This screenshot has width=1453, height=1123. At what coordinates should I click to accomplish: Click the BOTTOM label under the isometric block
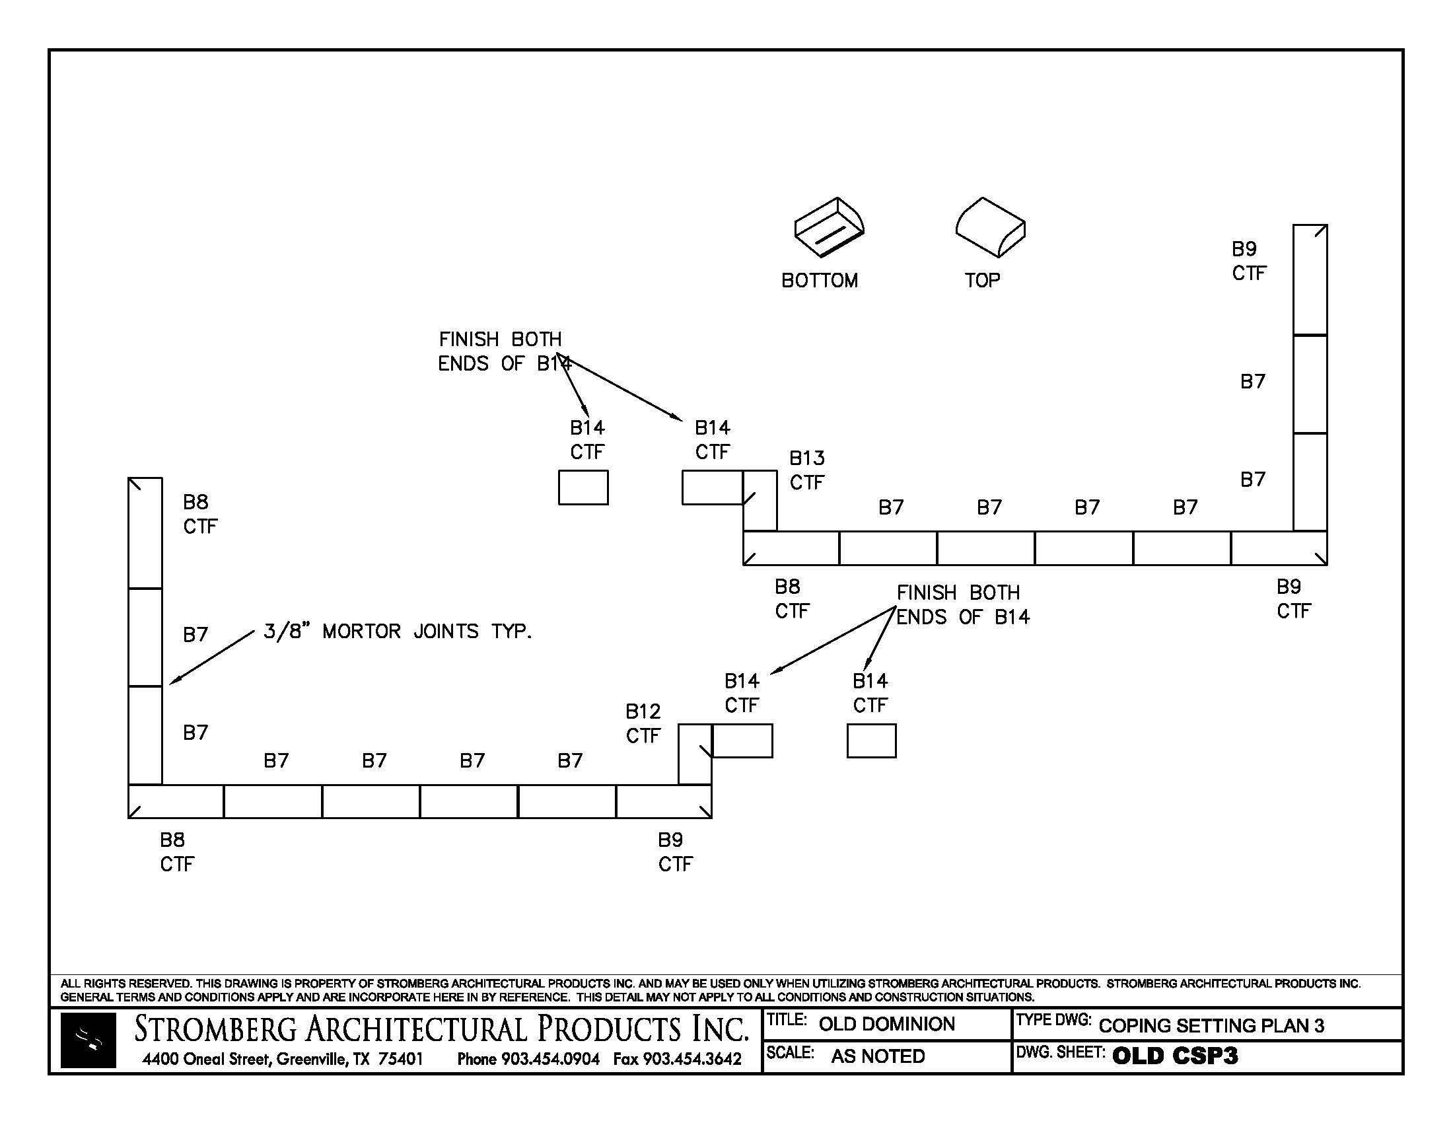click(819, 280)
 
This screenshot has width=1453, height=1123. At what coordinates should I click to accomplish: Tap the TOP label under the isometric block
click(982, 280)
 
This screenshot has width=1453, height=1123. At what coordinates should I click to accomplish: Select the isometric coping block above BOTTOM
click(828, 227)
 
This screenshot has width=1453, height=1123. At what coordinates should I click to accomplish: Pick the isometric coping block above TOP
click(990, 227)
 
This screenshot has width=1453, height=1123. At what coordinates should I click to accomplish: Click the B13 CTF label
click(806, 470)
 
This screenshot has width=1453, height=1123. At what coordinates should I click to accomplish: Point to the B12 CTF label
click(643, 723)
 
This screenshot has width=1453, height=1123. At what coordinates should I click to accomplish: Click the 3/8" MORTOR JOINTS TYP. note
click(397, 631)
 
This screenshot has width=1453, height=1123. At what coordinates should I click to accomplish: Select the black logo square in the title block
click(88, 1040)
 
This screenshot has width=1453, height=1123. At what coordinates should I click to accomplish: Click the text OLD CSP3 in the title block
click(1174, 1056)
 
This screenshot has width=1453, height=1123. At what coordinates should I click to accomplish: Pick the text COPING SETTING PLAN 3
click(1211, 1025)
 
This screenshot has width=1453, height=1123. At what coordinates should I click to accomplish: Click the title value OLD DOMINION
click(886, 1024)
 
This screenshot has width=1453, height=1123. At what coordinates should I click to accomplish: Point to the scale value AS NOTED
click(878, 1056)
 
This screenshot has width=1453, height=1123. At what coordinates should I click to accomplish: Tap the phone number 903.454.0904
click(550, 1058)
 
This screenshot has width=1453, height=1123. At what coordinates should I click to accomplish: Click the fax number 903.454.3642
click(691, 1058)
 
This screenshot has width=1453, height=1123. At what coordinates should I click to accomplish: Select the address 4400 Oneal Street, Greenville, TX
click(282, 1058)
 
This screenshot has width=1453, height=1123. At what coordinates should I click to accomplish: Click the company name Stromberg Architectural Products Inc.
click(441, 1029)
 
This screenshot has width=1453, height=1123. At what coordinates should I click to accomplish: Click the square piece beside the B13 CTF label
click(760, 500)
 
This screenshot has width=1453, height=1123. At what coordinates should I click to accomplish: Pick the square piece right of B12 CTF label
click(695, 753)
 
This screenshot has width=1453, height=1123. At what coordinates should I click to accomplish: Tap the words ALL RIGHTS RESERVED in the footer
click(125, 983)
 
